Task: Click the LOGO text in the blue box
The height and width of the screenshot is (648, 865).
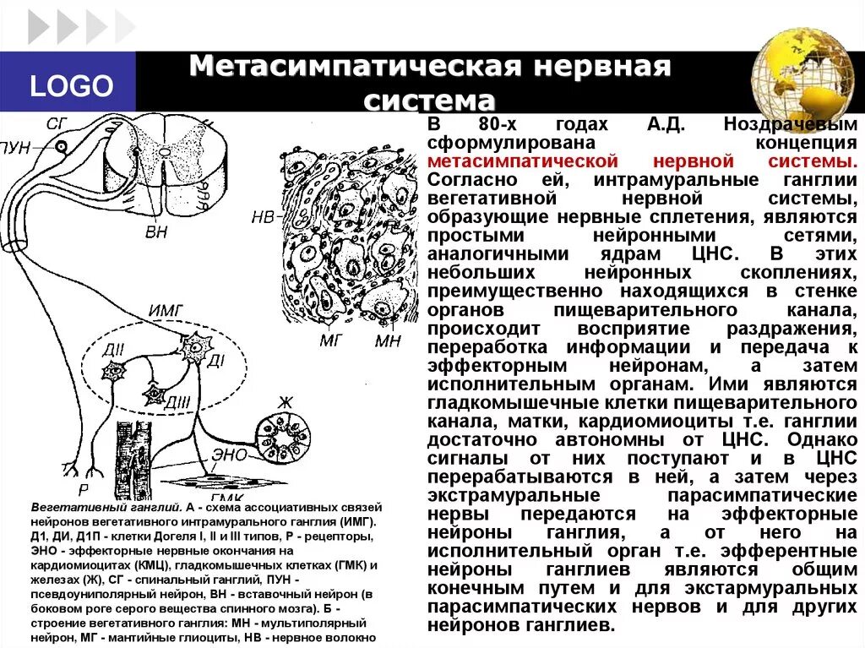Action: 72,85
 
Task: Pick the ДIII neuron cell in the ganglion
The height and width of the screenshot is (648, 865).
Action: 154,393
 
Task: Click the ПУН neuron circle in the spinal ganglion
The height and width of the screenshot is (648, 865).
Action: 62,146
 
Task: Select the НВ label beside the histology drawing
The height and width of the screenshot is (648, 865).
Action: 263,216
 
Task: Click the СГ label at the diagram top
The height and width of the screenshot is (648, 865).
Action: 57,124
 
